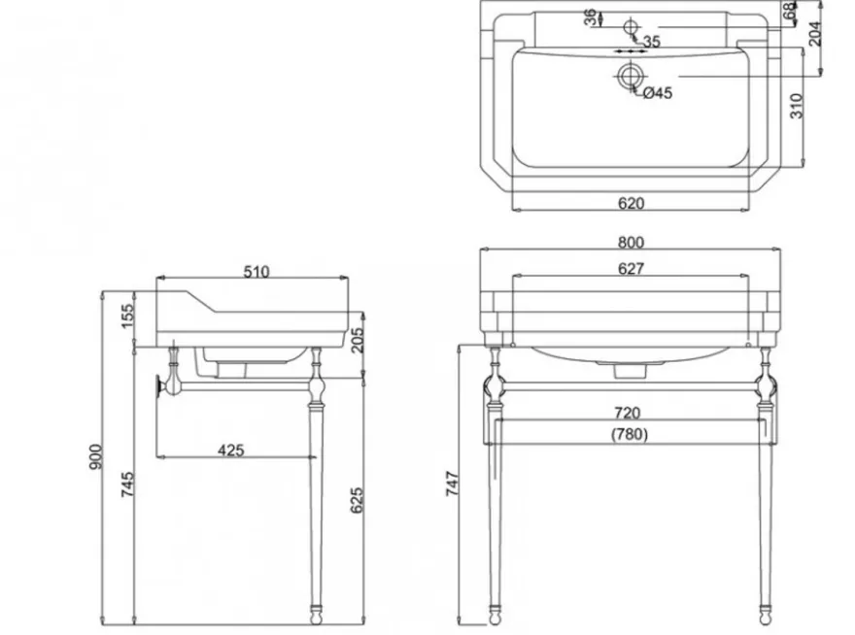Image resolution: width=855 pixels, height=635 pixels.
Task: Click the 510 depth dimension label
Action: click(x=256, y=272)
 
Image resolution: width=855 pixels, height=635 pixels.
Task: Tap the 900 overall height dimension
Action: click(x=95, y=456)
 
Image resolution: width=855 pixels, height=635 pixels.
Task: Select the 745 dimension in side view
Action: click(x=126, y=484)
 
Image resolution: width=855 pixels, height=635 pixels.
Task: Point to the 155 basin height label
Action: click(x=126, y=317)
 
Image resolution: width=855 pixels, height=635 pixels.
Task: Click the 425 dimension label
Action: click(x=230, y=451)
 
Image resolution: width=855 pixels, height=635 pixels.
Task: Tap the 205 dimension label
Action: click(x=357, y=340)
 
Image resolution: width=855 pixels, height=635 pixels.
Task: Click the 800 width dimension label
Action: click(x=631, y=242)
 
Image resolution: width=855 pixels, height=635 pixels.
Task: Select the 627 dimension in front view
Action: click(x=631, y=269)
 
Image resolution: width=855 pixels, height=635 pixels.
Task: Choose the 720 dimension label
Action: click(x=627, y=414)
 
